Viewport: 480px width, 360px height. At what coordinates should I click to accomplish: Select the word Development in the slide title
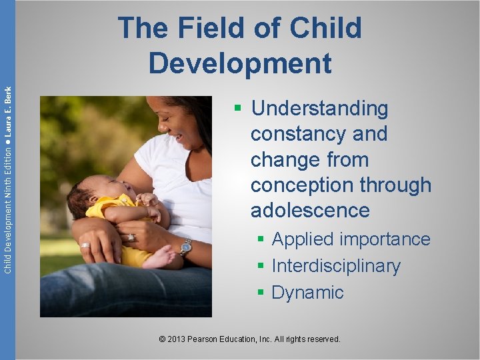tap(240, 63)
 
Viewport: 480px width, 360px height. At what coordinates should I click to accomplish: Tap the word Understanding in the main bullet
tap(320, 108)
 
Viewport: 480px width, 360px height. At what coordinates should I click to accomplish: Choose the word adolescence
tap(310, 211)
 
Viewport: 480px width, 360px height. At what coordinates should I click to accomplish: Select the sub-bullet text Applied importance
tap(351, 239)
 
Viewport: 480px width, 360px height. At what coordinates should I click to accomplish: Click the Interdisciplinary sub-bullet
tap(336, 266)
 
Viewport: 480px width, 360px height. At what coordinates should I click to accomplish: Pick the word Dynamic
tap(307, 293)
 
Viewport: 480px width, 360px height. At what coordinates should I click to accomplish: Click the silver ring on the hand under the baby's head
tap(85, 245)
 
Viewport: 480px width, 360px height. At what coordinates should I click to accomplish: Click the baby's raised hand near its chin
tap(148, 199)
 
